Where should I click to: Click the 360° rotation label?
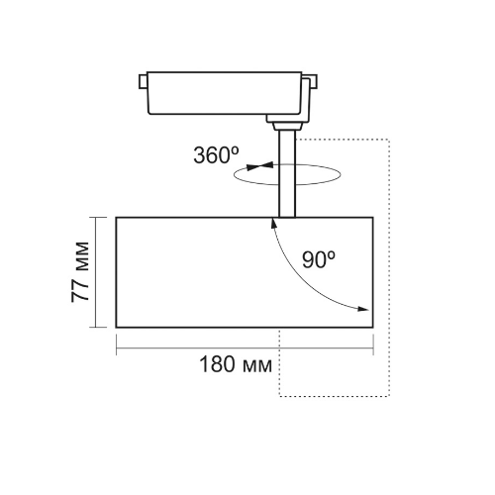[x=216, y=154]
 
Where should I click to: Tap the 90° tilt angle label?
[x=319, y=259]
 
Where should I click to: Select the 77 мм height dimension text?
[x=80, y=272]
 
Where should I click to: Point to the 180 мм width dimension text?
[x=236, y=364]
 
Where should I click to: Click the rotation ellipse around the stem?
[x=287, y=184]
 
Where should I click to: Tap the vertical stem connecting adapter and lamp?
[x=286, y=174]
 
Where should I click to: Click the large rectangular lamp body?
[x=245, y=272]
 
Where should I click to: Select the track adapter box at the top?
[x=224, y=93]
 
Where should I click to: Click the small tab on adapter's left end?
[x=143, y=81]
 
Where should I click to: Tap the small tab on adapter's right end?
[x=313, y=81]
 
